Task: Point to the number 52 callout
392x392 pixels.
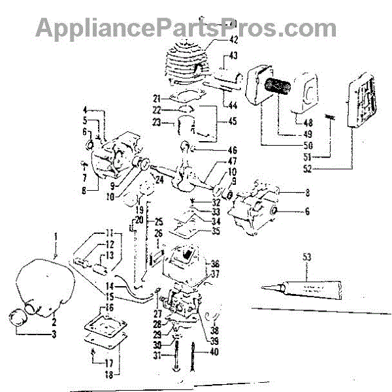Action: click(x=344, y=169)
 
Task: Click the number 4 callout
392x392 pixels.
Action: click(x=85, y=109)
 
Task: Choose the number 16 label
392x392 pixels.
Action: click(x=108, y=307)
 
